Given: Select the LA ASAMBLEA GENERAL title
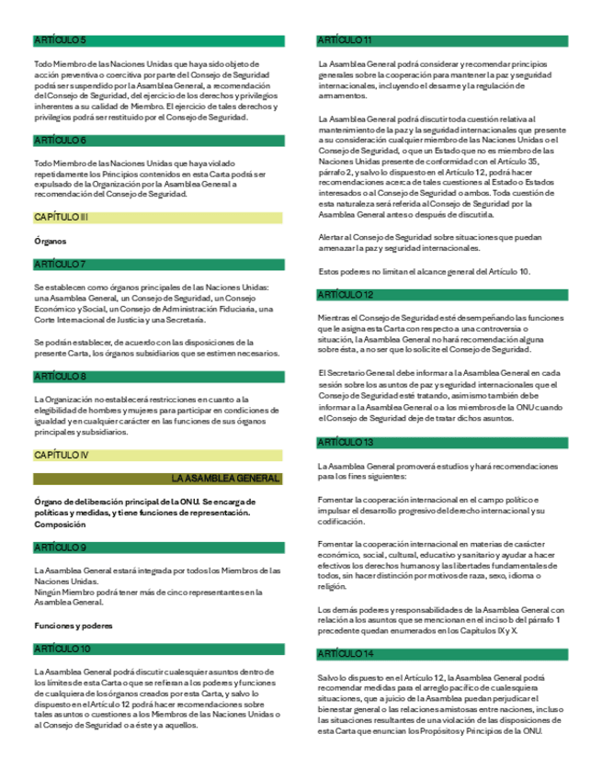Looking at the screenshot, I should pyautogui.click(x=225, y=479).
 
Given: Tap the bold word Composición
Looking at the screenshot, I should pyautogui.click(x=61, y=525).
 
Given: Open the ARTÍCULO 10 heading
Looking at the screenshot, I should pyautogui.click(x=62, y=649).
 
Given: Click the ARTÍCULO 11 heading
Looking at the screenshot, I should pyautogui.click(x=344, y=40).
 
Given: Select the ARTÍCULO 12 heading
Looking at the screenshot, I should pyautogui.click(x=345, y=294).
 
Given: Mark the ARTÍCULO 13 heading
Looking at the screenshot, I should pyautogui.click(x=345, y=443).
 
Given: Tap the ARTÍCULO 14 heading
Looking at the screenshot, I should pyautogui.click(x=345, y=653).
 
